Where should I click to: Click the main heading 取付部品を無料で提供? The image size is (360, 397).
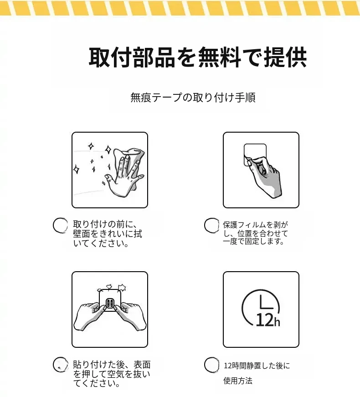198,57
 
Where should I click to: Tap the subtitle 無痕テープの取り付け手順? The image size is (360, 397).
193,98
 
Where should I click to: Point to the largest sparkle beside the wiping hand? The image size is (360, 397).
108,150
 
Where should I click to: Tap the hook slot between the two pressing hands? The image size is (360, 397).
110,303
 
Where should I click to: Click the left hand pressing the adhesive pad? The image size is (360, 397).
90,315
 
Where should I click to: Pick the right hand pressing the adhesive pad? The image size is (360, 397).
129,315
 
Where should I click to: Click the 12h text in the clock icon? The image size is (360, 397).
268,320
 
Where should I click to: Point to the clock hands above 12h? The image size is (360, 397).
266,303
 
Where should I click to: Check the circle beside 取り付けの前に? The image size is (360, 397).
60,225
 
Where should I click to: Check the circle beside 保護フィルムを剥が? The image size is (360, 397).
211,225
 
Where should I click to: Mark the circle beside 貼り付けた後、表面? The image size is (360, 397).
61,365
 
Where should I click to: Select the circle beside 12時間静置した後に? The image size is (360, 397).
211,365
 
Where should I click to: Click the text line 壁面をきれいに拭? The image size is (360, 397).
108,234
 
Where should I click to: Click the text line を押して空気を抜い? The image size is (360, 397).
112,374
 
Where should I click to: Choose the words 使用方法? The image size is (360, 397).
238,381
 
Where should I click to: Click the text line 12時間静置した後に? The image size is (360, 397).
257,366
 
